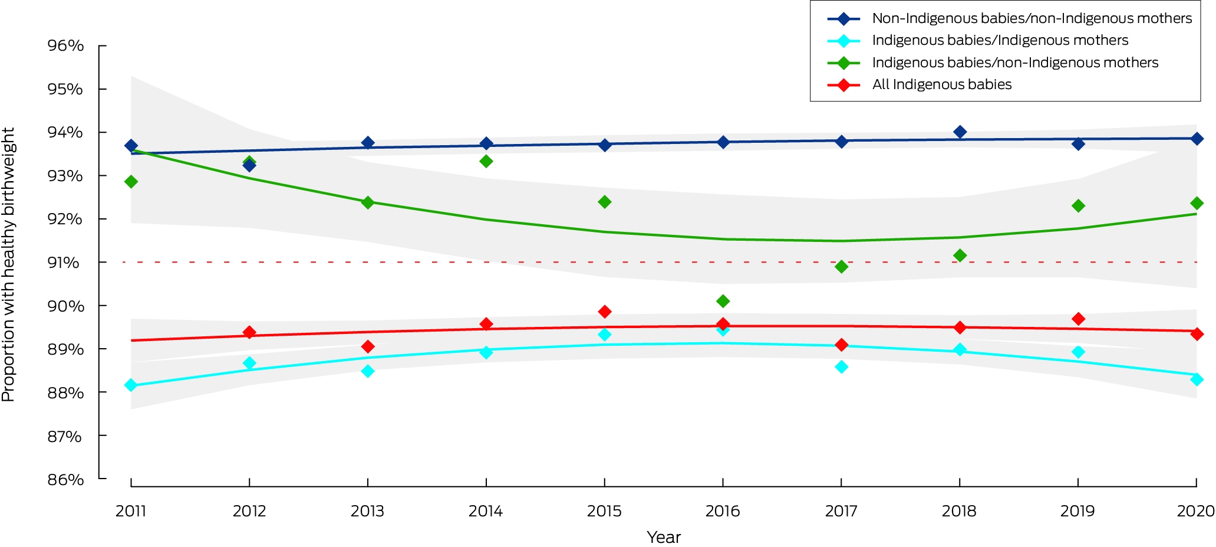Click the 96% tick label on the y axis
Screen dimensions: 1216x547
(65, 45)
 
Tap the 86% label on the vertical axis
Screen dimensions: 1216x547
(65, 479)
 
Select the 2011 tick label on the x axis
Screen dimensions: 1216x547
(131, 511)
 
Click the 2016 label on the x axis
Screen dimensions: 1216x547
(723, 511)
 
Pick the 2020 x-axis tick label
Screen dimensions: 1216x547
(1196, 511)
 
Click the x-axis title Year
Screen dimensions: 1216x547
(664, 538)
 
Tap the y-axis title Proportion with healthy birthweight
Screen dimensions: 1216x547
(8, 264)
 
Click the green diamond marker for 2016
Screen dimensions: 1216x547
(723, 302)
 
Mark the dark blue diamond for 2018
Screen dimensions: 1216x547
(960, 132)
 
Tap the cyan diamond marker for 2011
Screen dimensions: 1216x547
(131, 385)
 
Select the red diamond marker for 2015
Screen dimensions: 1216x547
(604, 312)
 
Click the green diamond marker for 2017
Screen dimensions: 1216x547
(841, 267)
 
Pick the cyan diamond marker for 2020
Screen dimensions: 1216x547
(1197, 379)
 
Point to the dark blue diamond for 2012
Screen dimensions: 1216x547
(249, 166)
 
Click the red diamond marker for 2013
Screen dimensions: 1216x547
(368, 346)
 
